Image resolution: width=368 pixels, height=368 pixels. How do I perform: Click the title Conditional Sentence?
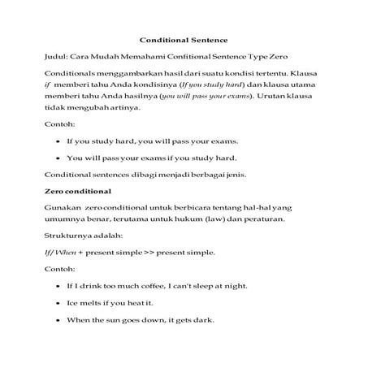[184, 38]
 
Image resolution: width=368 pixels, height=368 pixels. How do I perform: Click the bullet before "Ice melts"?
[58, 304]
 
